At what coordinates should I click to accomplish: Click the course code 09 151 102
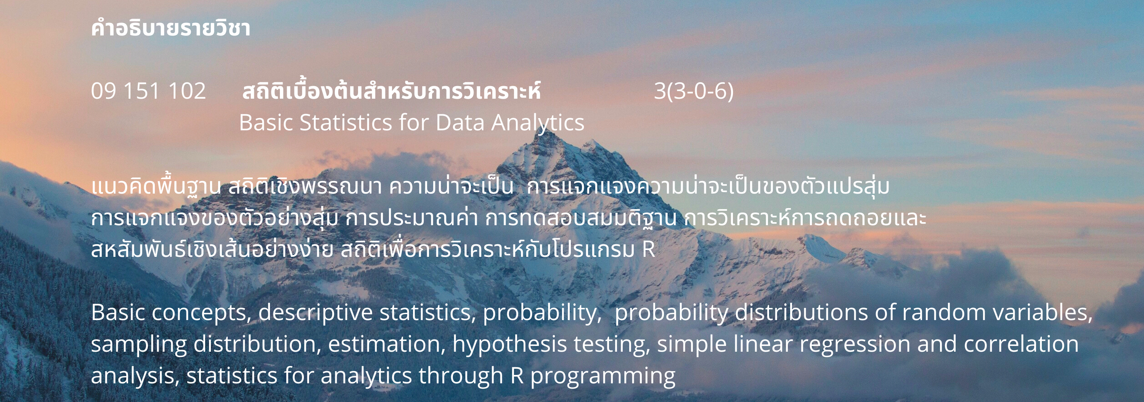coord(148,91)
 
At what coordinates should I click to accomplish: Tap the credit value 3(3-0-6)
coord(694,91)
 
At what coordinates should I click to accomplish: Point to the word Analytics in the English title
coord(537,123)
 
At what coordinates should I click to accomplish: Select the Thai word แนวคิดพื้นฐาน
coord(156,186)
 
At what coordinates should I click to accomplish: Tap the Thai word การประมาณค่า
coord(411,218)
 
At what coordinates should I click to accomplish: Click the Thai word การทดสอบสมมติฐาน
coord(581,218)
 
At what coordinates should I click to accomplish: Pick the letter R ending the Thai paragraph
coord(648,249)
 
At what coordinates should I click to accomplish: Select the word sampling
coord(138,345)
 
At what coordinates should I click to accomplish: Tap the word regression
coord(855,345)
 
